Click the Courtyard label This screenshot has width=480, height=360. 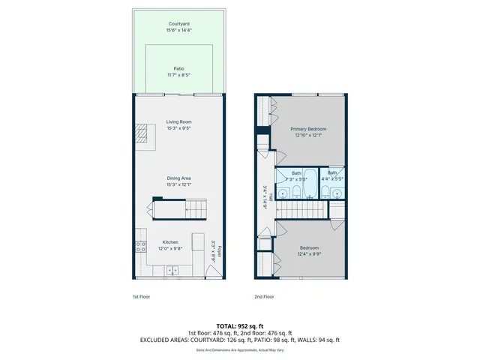tap(179, 24)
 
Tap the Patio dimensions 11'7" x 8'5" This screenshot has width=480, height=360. tap(179, 75)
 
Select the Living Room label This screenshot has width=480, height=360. tap(179, 121)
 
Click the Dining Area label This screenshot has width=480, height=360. tap(179, 178)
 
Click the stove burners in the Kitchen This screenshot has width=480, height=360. tap(139, 246)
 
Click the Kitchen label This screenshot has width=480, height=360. tap(170, 241)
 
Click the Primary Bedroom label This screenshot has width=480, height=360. tap(308, 129)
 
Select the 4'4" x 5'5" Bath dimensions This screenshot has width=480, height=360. tap(331, 179)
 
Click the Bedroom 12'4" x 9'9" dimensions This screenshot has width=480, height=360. tap(309, 253)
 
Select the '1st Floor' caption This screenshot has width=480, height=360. tap(142, 297)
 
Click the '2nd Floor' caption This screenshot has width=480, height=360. tap(263, 297)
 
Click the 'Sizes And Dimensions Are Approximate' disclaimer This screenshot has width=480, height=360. tap(239, 349)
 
